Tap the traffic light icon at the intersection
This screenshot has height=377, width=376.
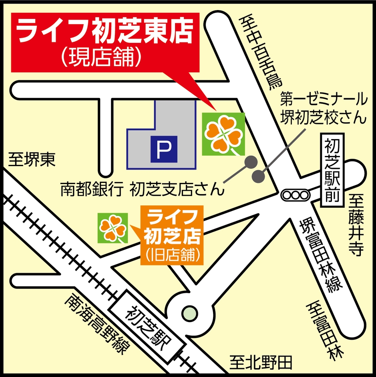pos(295,195)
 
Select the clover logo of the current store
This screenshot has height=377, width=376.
pos(223,134)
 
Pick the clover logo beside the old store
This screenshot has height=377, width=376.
pos(113,228)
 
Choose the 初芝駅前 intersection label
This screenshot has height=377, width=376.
pos(333,170)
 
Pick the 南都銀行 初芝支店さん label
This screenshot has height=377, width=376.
pos(142,189)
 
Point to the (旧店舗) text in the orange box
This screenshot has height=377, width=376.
pos(172,254)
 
